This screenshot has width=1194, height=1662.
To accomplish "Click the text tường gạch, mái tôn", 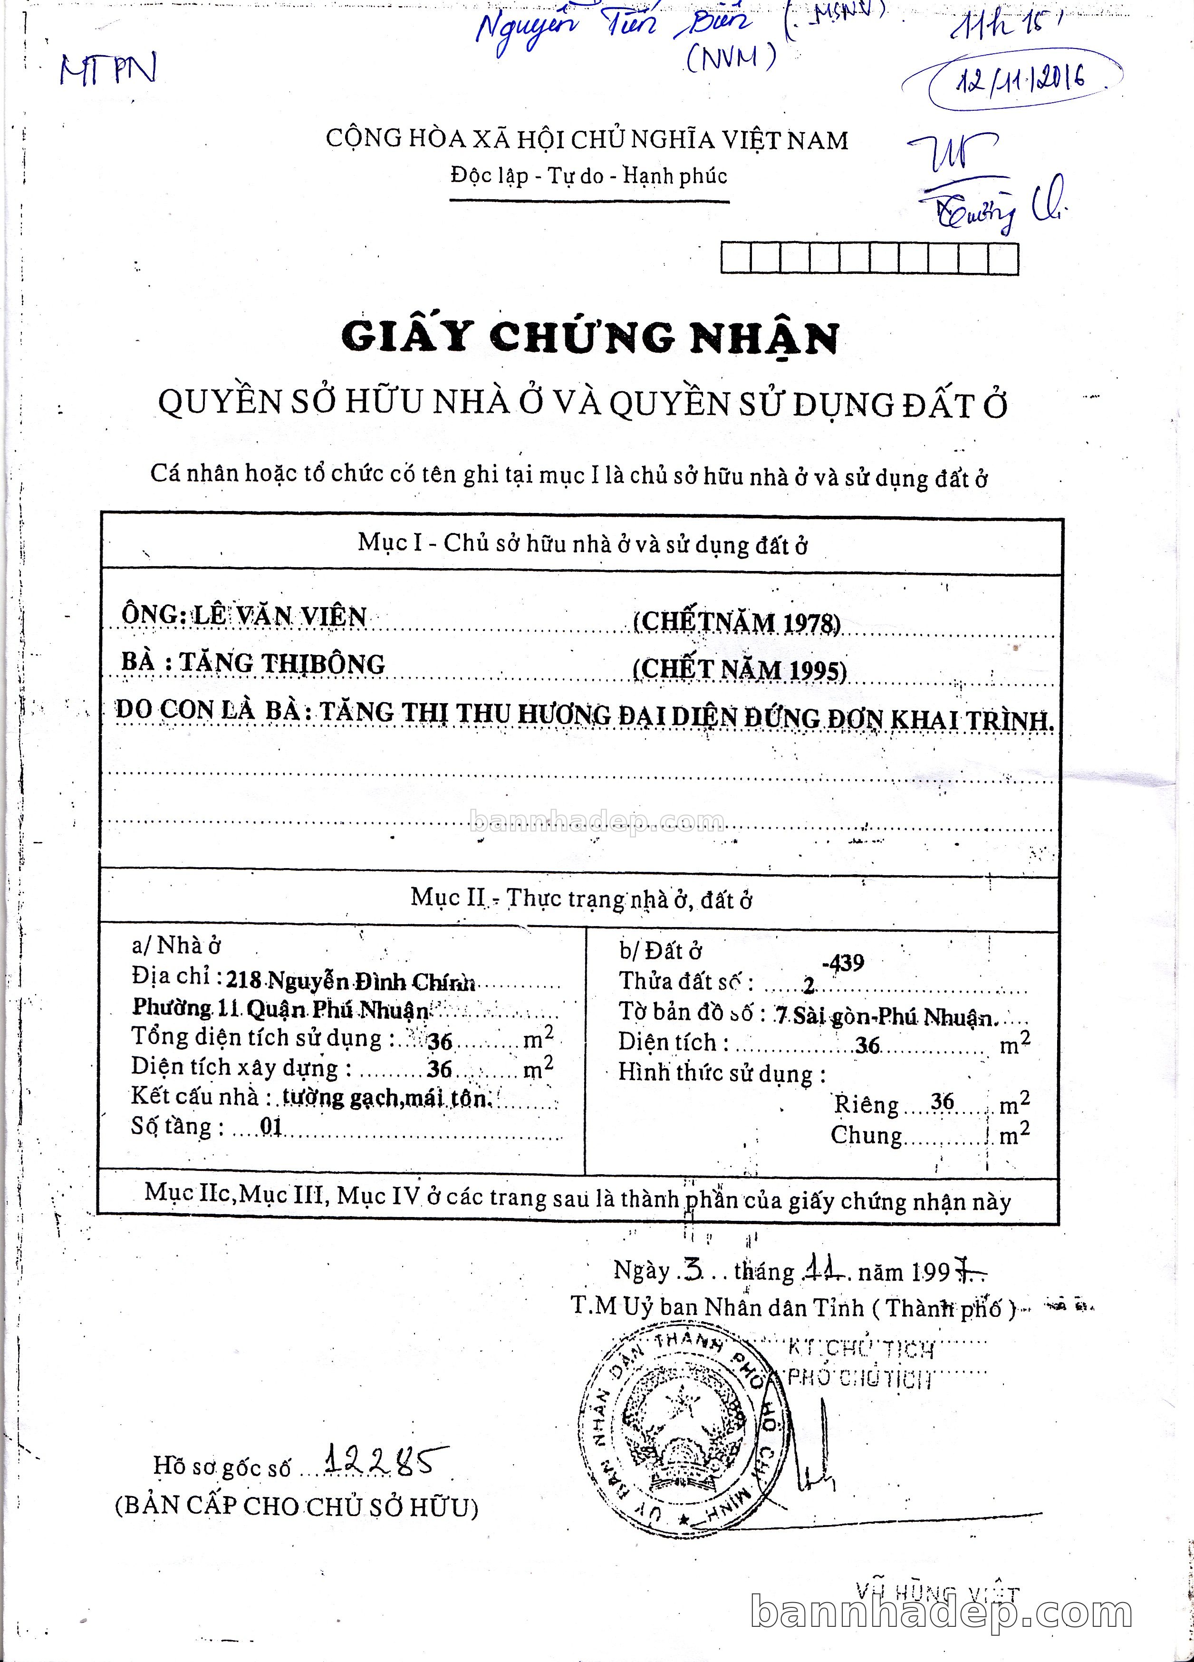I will click(385, 1097).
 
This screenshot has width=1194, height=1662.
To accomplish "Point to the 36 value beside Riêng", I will click(942, 1102).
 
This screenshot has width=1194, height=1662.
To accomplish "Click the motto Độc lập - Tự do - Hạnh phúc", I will click(589, 176).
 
